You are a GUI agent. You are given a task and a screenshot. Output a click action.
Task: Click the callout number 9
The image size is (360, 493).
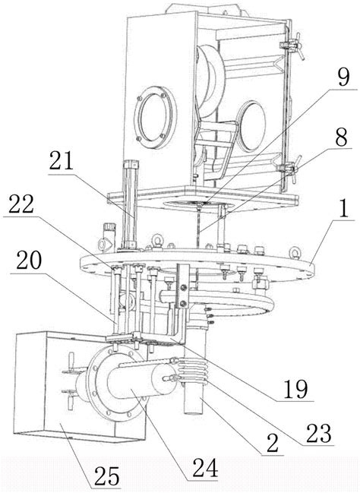[343, 77]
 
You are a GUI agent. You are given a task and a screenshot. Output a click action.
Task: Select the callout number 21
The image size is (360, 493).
[62, 161]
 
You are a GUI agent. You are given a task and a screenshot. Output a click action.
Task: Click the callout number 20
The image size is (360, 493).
[29, 261]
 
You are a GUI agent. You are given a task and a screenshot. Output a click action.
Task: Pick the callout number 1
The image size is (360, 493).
[344, 209]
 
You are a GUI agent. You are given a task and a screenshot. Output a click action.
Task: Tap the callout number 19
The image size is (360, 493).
[296, 389]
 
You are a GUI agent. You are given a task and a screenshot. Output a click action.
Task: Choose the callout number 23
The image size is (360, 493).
[318, 434]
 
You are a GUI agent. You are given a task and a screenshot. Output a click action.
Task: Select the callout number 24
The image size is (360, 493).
[205, 468]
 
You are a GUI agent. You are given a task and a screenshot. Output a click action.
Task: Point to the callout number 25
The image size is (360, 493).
[107, 476]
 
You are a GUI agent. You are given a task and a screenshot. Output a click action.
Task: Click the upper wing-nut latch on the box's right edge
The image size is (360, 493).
[292, 46]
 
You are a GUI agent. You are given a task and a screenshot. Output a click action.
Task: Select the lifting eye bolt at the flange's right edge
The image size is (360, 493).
[295, 251]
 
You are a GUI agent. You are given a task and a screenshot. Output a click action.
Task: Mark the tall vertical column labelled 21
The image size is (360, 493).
[131, 205]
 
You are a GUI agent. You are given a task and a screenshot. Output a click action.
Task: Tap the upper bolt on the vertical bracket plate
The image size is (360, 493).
[184, 287]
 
